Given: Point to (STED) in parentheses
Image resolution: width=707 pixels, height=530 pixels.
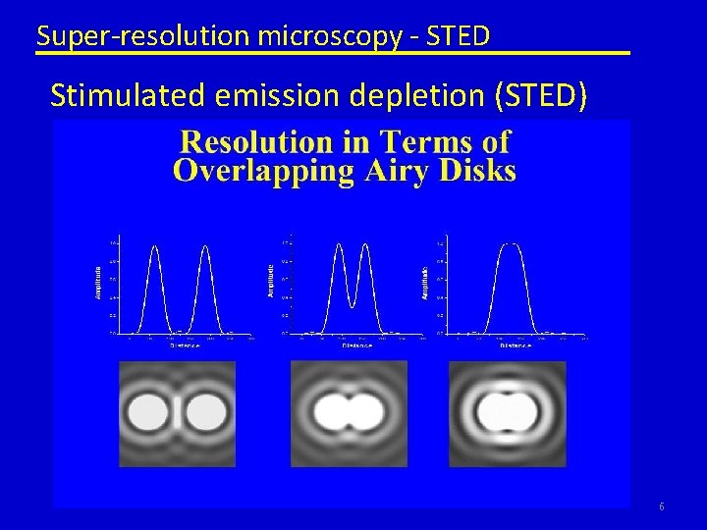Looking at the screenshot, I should point(543,96).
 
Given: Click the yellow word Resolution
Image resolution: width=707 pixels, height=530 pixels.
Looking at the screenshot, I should point(263,142).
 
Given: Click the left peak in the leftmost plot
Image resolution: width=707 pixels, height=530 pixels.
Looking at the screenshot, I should point(154,247).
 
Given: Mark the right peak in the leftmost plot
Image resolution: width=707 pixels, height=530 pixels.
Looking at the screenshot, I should point(205,247).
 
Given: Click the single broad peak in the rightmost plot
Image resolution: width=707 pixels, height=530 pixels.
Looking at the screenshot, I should point(510,245).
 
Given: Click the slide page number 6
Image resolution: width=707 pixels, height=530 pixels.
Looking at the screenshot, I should point(662,506).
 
